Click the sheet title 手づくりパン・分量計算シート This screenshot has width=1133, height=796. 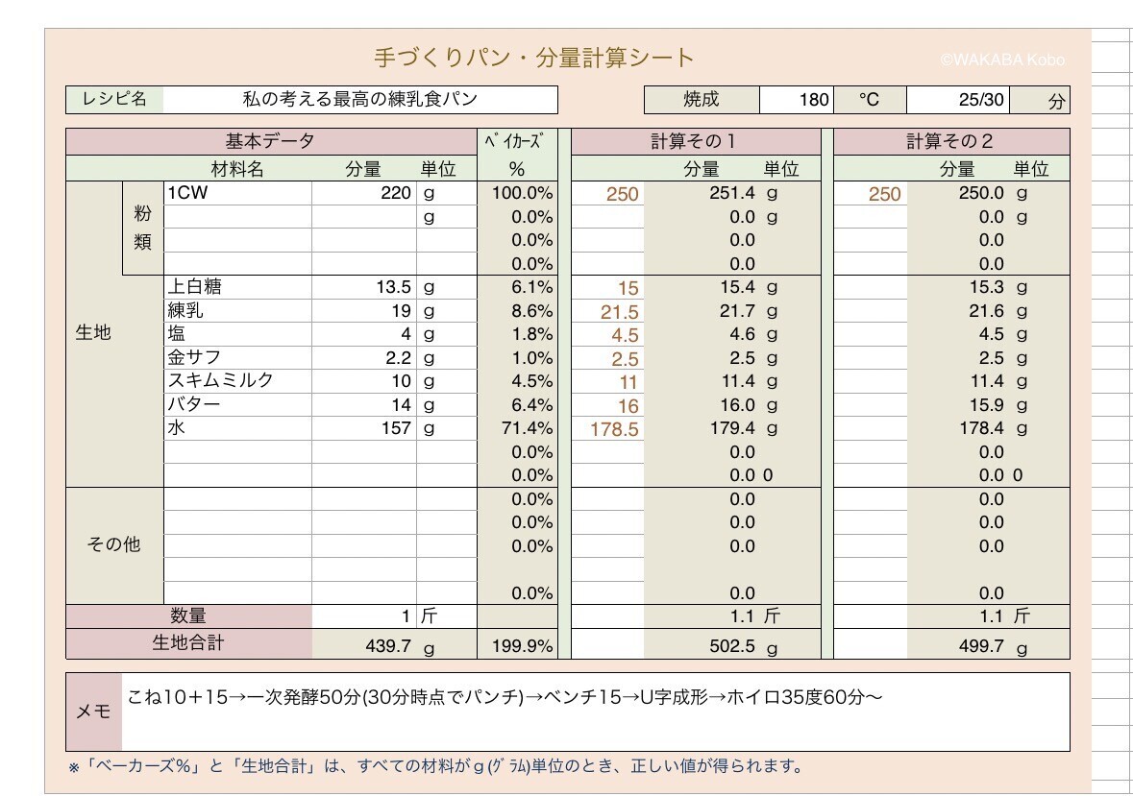click(534, 58)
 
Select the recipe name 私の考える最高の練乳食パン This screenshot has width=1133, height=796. click(359, 99)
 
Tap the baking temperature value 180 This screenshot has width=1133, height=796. click(814, 100)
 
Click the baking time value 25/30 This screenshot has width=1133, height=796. click(980, 100)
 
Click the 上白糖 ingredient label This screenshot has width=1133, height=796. click(194, 286)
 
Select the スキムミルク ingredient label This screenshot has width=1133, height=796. click(220, 380)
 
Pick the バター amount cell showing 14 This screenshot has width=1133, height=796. click(401, 405)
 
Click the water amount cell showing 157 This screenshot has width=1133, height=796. click(396, 428)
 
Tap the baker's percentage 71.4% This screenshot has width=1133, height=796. click(527, 428)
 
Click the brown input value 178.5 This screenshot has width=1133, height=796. click(614, 429)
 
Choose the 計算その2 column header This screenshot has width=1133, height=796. click(949, 141)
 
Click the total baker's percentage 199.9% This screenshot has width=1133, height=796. click(523, 645)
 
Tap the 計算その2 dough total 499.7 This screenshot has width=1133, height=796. click(981, 645)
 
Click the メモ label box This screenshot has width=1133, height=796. click(94, 712)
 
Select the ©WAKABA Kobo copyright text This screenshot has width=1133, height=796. click(1002, 60)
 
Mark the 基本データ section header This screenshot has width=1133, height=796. click(269, 141)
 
